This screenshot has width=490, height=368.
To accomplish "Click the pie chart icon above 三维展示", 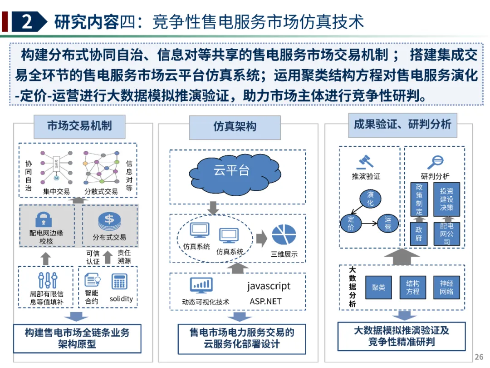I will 284,235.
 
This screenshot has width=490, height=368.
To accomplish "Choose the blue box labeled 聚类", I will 378,287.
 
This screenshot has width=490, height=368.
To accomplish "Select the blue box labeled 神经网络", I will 446,287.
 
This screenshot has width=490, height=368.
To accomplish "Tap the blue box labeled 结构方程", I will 412,287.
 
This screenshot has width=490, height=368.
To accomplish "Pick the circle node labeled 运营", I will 388,224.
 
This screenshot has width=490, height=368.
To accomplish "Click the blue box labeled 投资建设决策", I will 446,199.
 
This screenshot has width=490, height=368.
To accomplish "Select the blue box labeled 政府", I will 419,234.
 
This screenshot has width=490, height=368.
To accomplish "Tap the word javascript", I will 269,286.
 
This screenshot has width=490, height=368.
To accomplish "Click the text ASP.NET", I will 265,301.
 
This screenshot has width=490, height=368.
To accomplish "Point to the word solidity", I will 121,299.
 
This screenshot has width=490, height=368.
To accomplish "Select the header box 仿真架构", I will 235,127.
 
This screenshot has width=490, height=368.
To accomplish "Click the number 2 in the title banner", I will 27,21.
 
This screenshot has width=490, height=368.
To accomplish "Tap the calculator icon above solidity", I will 119,281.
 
